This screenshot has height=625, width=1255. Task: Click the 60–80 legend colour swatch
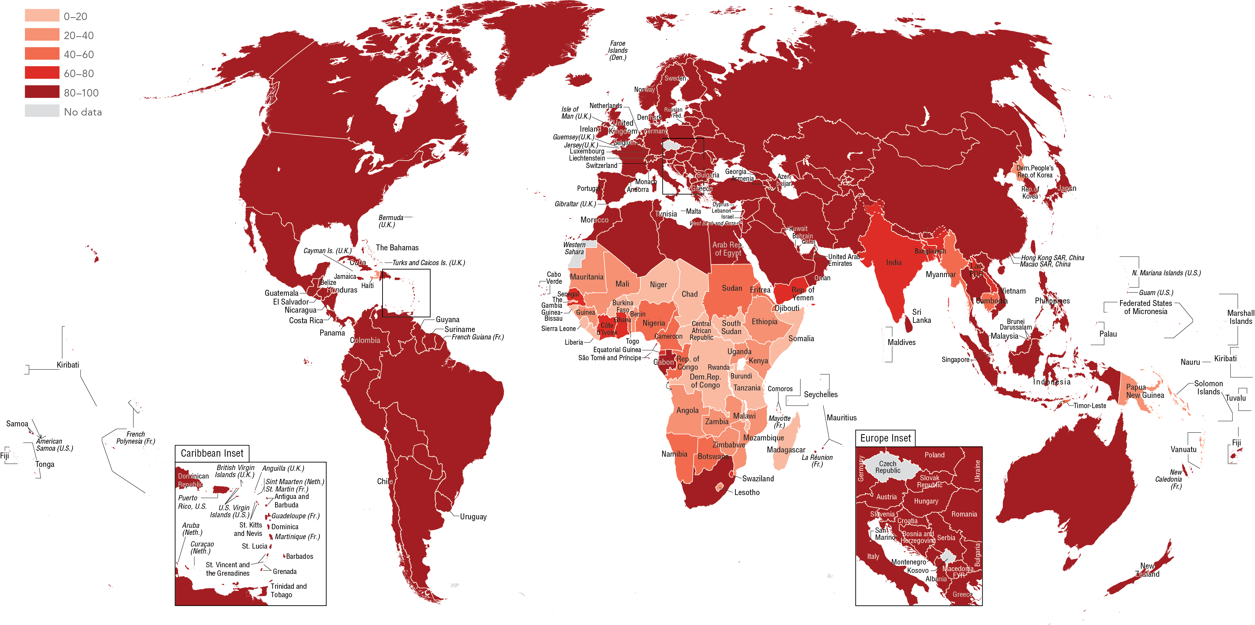pyautogui.click(x=42, y=73)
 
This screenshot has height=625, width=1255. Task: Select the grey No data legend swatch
pyautogui.click(x=42, y=111)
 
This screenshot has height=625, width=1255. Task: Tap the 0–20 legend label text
pyautogui.click(x=75, y=17)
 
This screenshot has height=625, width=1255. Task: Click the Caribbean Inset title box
pyautogui.click(x=212, y=453)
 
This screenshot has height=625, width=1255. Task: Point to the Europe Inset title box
pyautogui.click(x=885, y=438)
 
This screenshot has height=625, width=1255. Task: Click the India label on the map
pyautogui.click(x=894, y=263)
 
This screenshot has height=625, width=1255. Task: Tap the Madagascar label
pyautogui.click(x=786, y=450)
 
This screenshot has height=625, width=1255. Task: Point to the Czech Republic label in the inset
pyautogui.click(x=888, y=467)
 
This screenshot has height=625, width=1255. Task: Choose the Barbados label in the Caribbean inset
pyautogui.click(x=299, y=556)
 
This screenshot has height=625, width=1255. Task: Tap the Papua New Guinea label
pyautogui.click(x=1144, y=391)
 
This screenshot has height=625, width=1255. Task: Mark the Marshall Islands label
pyautogui.click(x=1240, y=317)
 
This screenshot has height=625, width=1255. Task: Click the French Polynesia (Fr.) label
pyautogui.click(x=136, y=437)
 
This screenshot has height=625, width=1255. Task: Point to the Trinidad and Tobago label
pyautogui.click(x=288, y=590)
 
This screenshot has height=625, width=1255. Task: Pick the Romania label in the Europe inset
pyautogui.click(x=964, y=514)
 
